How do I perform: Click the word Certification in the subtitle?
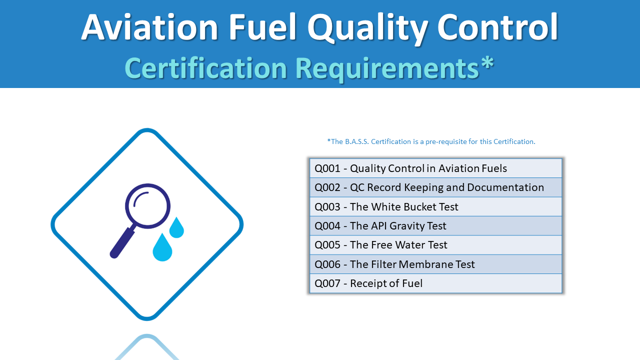click(205, 68)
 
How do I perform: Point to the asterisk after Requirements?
click(487, 64)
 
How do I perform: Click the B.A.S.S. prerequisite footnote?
click(431, 141)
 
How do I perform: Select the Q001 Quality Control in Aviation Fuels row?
click(435, 168)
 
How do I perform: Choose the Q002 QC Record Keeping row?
click(435, 187)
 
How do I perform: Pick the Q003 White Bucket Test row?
click(435, 206)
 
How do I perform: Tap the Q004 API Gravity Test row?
click(435, 226)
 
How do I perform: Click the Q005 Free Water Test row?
click(435, 245)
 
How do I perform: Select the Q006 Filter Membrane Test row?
click(435, 264)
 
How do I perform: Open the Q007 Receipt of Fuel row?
click(435, 283)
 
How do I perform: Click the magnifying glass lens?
click(147, 206)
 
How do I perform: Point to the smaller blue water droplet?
click(176, 229)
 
